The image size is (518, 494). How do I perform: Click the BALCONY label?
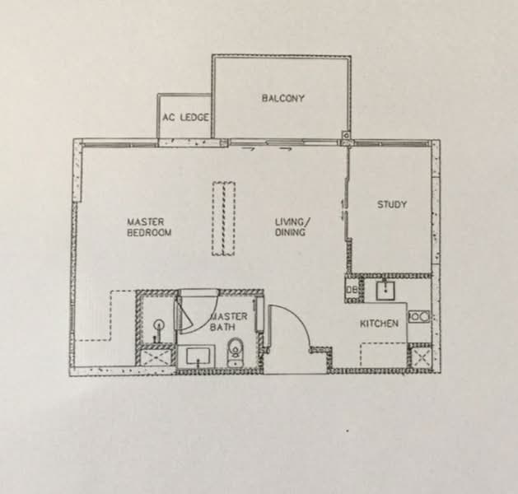pos(283,99)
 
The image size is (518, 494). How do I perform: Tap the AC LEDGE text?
pos(185,118)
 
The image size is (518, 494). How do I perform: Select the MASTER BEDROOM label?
pos(149,227)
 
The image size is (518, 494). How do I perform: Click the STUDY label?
pos(392,204)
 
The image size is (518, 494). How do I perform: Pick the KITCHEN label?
pos(380,324)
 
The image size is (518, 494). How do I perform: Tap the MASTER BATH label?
pos(228,322)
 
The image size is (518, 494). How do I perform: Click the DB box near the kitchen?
pos(351,289)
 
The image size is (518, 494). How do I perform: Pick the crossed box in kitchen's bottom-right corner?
pos(422,357)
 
